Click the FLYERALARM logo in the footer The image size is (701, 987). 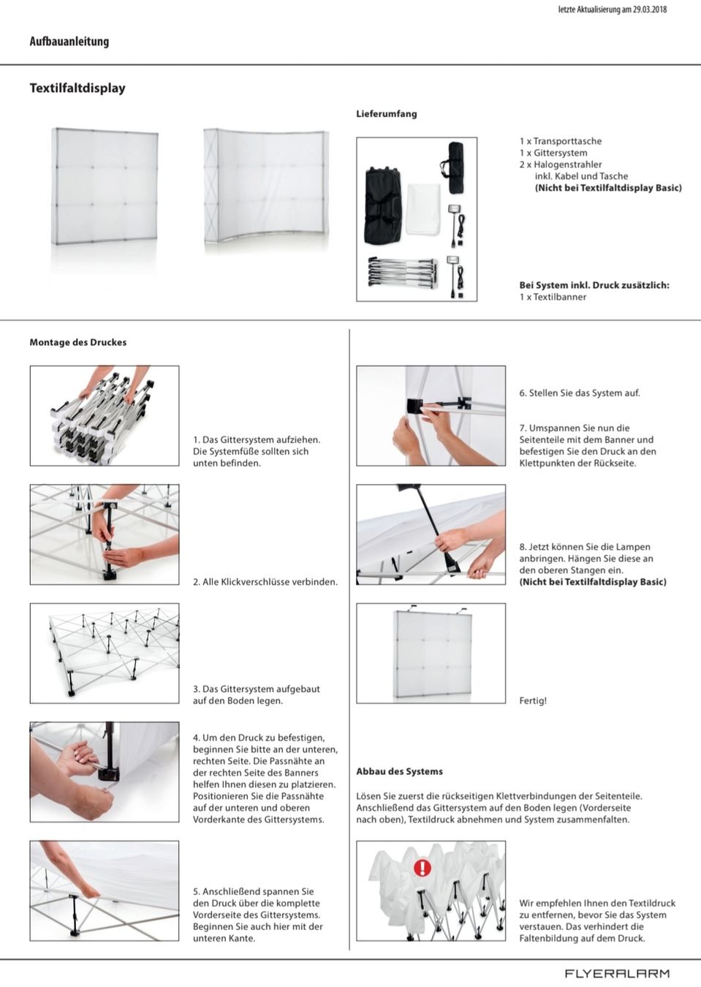coord(617,973)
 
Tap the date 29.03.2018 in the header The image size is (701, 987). coord(650,10)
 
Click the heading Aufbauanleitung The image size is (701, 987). coord(69,42)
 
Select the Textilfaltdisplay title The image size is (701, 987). coord(77,88)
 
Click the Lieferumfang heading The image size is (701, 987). coord(387,113)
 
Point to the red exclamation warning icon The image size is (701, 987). coord(423,868)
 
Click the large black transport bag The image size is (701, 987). coord(382,205)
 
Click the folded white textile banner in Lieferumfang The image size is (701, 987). coord(423,209)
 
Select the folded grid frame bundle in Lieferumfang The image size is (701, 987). coord(402,271)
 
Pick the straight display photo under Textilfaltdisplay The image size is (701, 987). coord(104,187)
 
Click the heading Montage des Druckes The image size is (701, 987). coord(78,342)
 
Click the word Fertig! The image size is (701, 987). coord(533,700)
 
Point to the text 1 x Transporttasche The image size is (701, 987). coord(561,141)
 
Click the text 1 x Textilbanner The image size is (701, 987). coord(553,297)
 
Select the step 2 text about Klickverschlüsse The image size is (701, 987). coord(265,582)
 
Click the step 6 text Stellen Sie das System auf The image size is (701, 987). coord(580,393)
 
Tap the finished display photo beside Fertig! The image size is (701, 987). coord(431,653)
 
